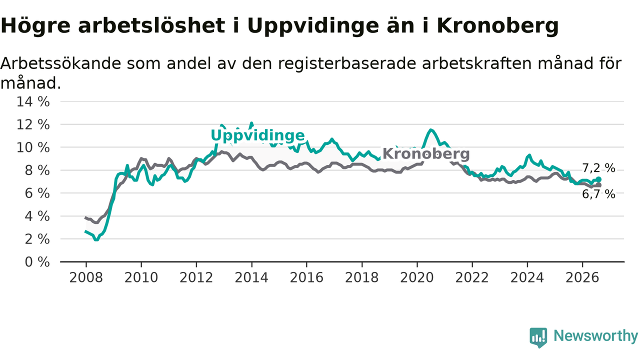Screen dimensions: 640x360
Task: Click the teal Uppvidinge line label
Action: click(257, 135)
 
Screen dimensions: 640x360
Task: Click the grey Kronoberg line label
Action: click(426, 153)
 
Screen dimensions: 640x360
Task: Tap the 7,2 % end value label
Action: click(598, 168)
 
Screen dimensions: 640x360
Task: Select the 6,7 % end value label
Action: click(598, 194)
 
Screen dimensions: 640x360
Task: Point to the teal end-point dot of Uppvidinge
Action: click(599, 179)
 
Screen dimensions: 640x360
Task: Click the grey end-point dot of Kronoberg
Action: click(599, 185)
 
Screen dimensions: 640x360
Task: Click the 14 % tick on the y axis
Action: click(33, 101)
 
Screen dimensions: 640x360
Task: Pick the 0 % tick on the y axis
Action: click(37, 262)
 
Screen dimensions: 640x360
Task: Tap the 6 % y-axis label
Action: click(37, 193)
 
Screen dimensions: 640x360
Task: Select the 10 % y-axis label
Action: click(33, 147)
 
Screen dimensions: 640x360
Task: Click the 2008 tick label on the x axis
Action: click(86, 277)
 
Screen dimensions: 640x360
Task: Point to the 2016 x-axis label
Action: click(306, 277)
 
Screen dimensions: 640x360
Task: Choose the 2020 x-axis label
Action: click(417, 277)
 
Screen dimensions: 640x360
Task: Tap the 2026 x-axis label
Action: click(582, 277)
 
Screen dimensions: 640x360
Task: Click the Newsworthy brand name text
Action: click(596, 336)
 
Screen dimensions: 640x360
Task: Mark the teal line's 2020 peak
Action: click(431, 130)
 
